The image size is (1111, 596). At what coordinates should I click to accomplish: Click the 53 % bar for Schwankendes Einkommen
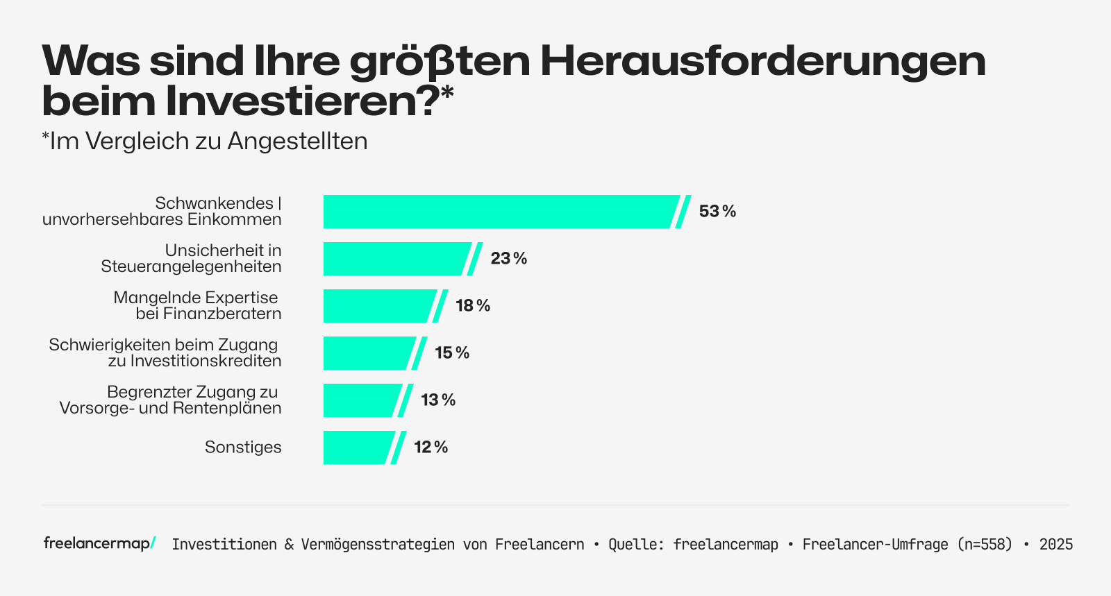tap(500, 212)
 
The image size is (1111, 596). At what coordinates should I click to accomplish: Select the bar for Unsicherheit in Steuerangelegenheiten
tap(396, 259)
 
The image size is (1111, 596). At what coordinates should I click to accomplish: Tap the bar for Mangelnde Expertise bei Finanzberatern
tap(378, 306)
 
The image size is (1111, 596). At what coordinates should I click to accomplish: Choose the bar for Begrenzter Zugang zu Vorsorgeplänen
tap(361, 400)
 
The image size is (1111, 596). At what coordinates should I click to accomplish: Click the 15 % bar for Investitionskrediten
tap(368, 353)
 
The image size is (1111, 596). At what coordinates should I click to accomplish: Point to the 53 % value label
tap(717, 212)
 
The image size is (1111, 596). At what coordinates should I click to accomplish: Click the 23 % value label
tap(508, 259)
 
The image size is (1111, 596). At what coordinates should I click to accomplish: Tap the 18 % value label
tap(473, 306)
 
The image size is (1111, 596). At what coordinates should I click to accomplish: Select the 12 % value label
tap(431, 448)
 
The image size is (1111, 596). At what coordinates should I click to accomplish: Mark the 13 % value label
tap(438, 400)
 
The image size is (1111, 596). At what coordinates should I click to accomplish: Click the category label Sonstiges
tap(243, 448)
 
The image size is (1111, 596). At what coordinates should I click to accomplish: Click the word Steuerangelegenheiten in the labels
tap(191, 267)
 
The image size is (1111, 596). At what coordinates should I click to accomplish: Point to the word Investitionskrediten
tap(206, 361)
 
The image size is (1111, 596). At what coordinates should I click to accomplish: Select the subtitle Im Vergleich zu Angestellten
tap(205, 142)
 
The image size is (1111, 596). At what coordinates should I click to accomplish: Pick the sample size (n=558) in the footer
tap(985, 545)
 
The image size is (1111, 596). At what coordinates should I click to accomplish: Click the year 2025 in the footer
tap(1055, 545)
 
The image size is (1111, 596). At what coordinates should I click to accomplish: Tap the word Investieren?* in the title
tap(309, 101)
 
